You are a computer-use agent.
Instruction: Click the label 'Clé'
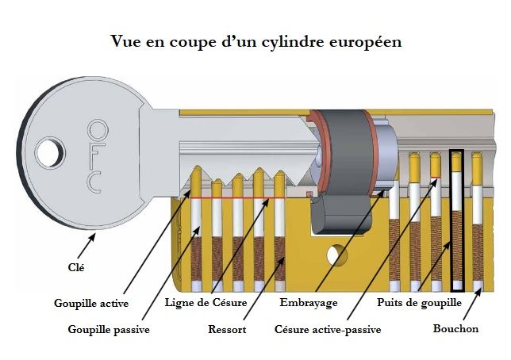[x=75, y=268]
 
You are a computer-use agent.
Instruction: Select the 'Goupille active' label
[x=91, y=303]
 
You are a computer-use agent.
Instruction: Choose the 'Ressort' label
[x=226, y=328]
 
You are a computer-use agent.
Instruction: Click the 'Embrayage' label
[x=309, y=303]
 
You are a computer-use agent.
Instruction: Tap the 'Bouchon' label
[x=455, y=328]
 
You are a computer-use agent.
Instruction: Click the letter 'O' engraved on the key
[x=97, y=128]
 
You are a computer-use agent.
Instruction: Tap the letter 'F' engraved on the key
[x=96, y=155]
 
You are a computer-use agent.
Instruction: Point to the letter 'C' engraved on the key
[x=94, y=182]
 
